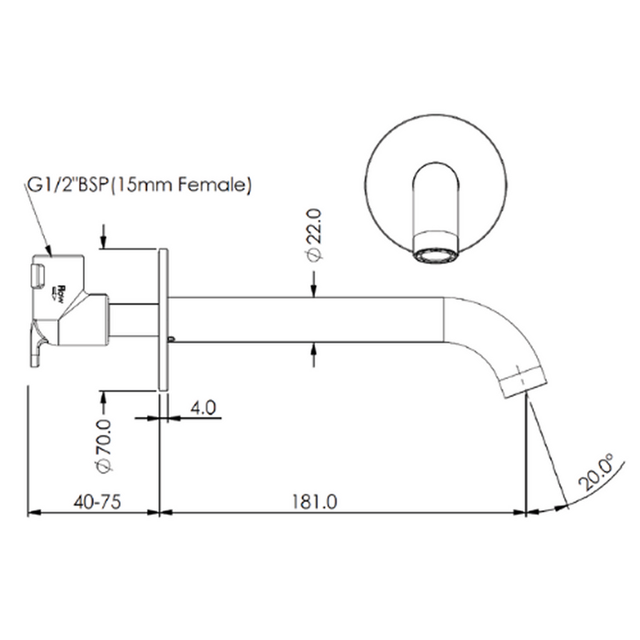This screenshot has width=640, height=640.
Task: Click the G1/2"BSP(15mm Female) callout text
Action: pos(139,185)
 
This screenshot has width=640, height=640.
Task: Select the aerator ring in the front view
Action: pos(436,255)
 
